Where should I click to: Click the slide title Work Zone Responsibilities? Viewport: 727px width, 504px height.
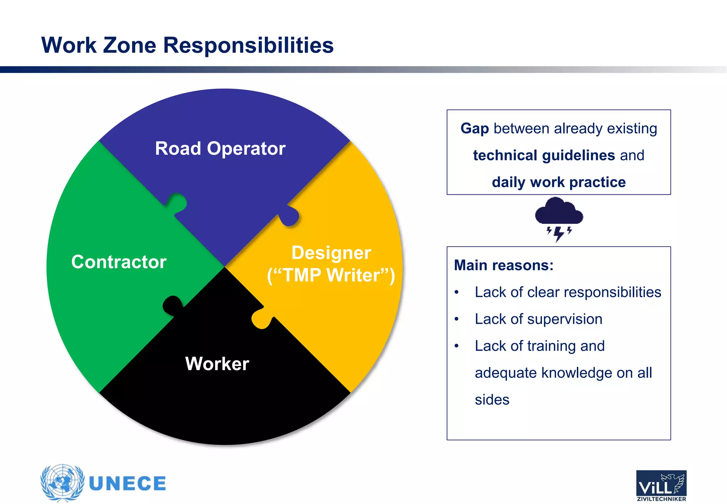point(187,45)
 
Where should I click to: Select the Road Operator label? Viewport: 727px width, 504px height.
point(220,148)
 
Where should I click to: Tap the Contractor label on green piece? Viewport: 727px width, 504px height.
point(119,262)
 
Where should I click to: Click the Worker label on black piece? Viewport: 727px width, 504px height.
point(217,364)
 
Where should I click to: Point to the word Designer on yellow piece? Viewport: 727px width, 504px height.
point(331,253)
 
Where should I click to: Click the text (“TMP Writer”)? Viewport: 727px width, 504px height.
point(331,275)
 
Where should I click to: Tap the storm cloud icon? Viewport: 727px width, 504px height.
point(559,212)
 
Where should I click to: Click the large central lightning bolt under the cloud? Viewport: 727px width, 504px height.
point(559,234)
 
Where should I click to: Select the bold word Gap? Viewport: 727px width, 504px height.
point(475,128)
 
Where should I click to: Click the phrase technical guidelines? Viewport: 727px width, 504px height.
point(544,155)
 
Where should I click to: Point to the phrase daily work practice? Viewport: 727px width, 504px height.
point(559,182)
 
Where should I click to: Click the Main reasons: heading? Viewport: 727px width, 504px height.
point(504,265)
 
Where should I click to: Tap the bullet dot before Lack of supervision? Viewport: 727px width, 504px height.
point(457,319)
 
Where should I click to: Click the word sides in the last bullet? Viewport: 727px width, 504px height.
point(492,400)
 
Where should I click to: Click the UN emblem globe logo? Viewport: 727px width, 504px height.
point(62,482)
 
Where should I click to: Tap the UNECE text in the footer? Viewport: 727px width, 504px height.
point(127,484)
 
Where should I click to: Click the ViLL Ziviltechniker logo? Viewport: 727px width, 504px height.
point(661,485)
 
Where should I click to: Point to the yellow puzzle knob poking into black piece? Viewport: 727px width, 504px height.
point(261,318)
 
